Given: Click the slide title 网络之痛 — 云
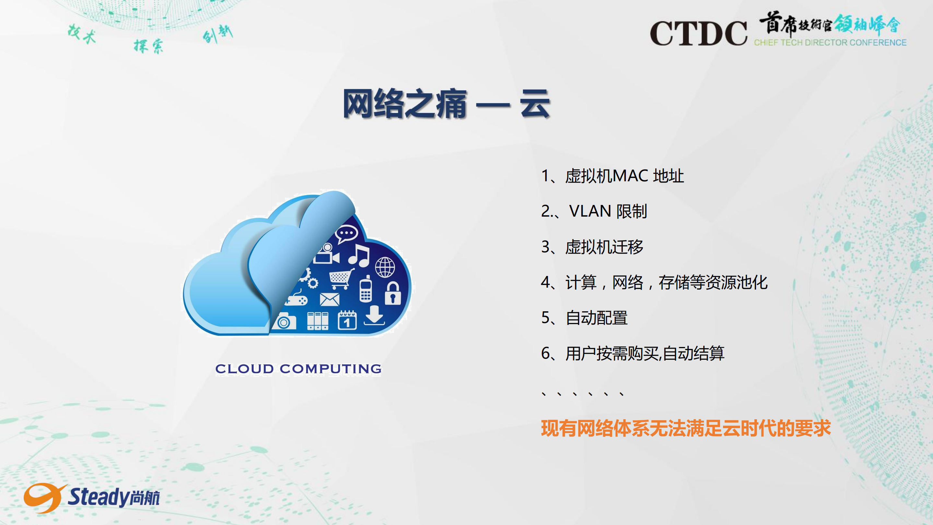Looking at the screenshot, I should coord(446,104).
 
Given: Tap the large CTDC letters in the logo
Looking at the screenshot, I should coord(698,33).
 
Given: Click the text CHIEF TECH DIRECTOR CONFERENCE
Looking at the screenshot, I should coord(830,43).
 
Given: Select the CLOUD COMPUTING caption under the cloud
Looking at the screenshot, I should coord(298,369).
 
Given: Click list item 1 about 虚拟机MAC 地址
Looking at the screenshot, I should coord(612,176).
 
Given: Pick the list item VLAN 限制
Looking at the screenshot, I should coord(594,211).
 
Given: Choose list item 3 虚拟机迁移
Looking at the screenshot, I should coord(592,247).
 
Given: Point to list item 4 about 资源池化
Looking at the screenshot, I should coord(654,282).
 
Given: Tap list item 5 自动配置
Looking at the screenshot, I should coord(584,318).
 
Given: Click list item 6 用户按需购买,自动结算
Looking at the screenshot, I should coord(633,353).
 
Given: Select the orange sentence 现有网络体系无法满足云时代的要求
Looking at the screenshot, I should coord(686,428).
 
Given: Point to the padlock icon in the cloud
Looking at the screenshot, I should coord(393,293).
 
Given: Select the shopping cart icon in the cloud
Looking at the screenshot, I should coord(341,279).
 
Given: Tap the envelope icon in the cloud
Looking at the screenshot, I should coord(330,299).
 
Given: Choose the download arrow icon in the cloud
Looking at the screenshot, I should coord(374,315).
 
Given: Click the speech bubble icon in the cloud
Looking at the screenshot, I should coord(346,234).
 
